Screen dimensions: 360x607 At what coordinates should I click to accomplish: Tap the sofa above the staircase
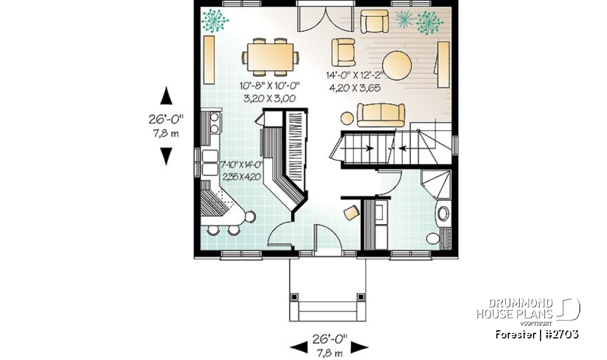coord(381,114)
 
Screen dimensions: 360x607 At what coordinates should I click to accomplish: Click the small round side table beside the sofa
coord(346,117)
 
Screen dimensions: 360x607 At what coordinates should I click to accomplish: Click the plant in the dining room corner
coord(216,20)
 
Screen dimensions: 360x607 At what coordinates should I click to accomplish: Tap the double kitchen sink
coord(209,161)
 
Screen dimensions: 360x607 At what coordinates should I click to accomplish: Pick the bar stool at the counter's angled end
coord(250,217)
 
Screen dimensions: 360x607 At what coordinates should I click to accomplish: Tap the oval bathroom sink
coord(443,213)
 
